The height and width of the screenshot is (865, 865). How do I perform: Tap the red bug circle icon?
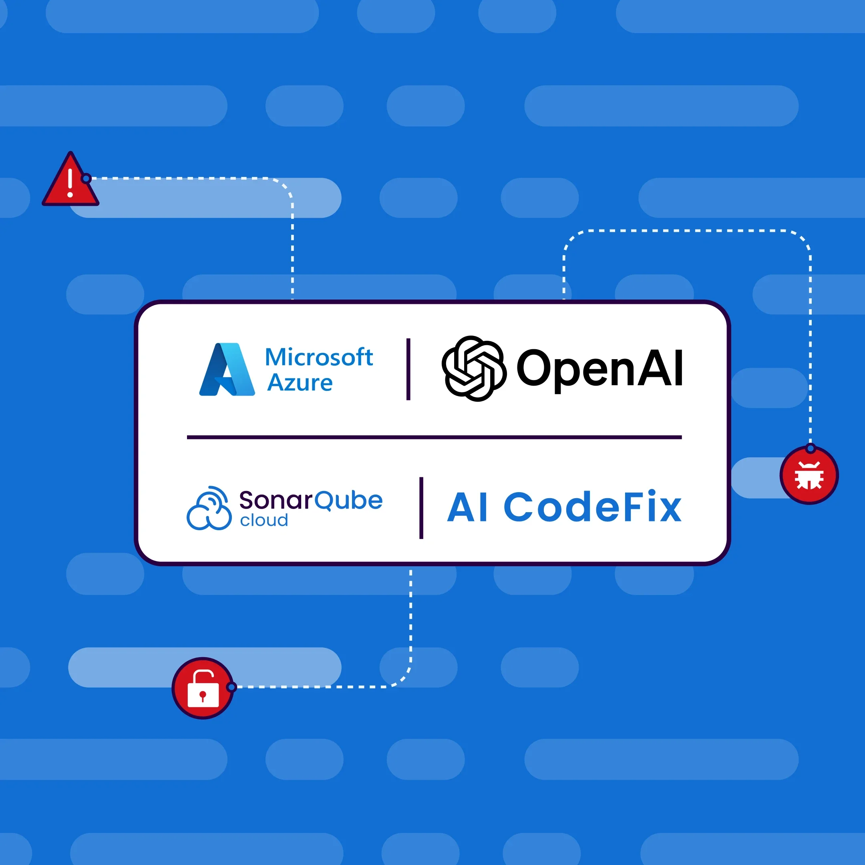[809, 475]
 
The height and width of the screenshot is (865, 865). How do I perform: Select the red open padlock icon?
[203, 688]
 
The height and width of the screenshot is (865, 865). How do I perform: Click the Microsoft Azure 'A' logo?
[227, 370]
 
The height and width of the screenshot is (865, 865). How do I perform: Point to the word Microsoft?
[319, 357]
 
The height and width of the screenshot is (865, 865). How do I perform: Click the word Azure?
[300, 383]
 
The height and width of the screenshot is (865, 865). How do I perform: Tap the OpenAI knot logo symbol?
[474, 368]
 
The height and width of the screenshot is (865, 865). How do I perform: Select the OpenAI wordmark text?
[599, 368]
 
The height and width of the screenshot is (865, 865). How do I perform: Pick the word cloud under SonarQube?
[264, 520]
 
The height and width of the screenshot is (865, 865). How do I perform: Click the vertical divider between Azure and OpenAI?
[408, 369]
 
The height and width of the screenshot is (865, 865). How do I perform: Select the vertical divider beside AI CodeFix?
[421, 508]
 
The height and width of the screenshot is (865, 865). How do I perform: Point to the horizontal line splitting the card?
[434, 437]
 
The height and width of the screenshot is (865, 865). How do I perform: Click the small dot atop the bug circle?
[811, 448]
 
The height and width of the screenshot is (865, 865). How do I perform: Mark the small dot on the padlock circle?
[231, 687]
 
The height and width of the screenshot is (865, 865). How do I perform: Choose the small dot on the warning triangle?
[86, 179]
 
